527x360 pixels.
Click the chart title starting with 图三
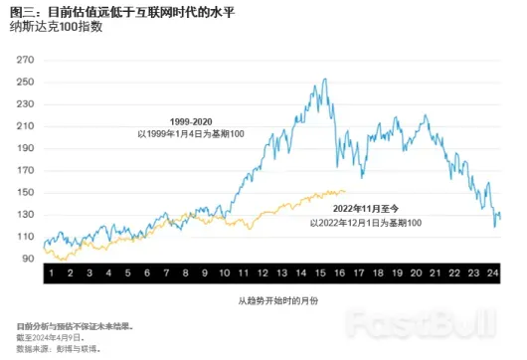pyautogui.click(x=129, y=10)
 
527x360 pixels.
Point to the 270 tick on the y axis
pyautogui.click(x=25, y=62)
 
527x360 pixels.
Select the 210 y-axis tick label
pyautogui.click(x=25, y=127)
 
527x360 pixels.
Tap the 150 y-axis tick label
pyautogui.click(x=25, y=192)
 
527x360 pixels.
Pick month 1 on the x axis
pyautogui.click(x=50, y=272)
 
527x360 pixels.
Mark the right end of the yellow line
pyautogui.click(x=346, y=191)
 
